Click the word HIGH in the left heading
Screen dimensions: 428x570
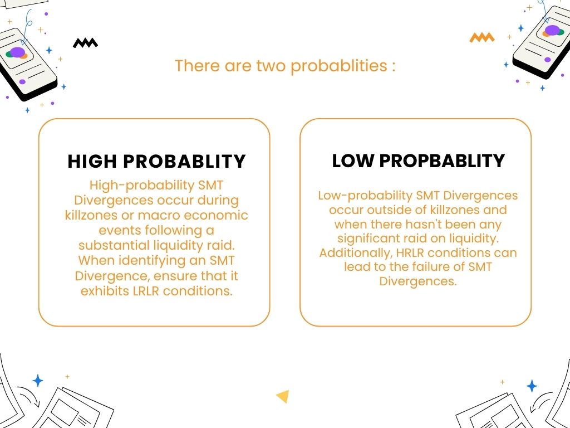pyautogui.click(x=92, y=162)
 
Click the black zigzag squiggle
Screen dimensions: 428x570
pyautogui.click(x=85, y=43)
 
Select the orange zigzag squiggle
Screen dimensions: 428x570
pyautogui.click(x=481, y=38)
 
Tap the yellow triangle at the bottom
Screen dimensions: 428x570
pyautogui.click(x=283, y=396)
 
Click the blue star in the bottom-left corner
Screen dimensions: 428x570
pyautogui.click(x=38, y=381)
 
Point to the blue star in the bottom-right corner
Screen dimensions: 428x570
pyautogui.click(x=532, y=386)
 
